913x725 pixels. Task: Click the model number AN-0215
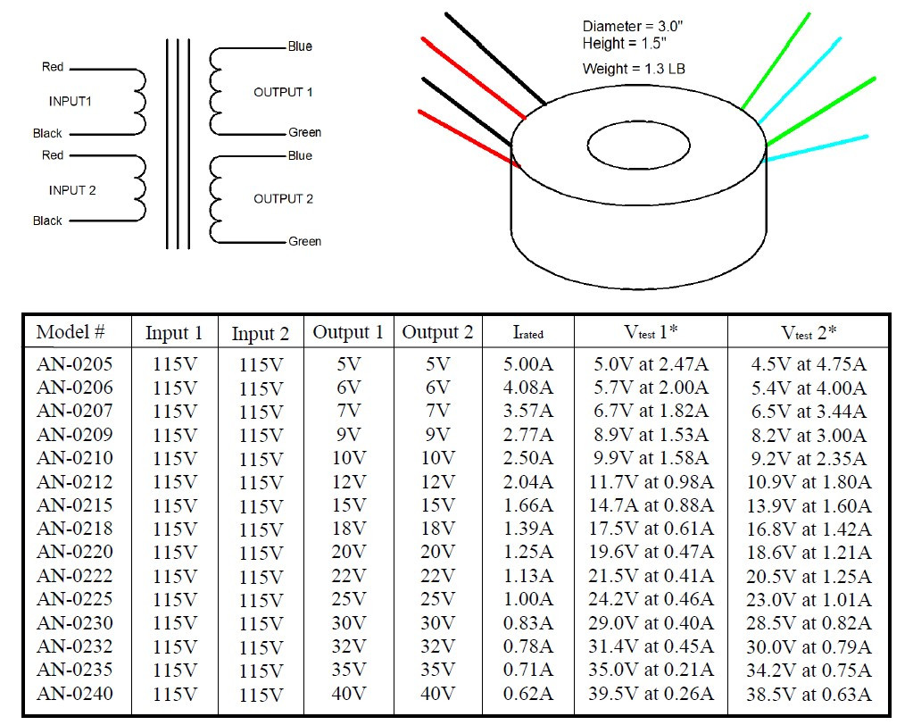[x=75, y=505]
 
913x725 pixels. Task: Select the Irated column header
[x=528, y=333]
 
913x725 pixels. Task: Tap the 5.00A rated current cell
[x=528, y=364]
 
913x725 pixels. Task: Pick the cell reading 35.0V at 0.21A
[x=651, y=670]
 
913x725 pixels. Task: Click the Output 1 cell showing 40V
[x=348, y=694]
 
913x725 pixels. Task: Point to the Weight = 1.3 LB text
[x=634, y=69]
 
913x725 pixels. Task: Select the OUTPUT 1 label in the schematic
[x=283, y=92]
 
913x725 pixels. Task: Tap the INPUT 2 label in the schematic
[x=72, y=190]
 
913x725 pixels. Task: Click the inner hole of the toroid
[x=637, y=143]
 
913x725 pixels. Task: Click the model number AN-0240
[x=75, y=693]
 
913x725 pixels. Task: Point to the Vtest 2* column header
[x=809, y=333]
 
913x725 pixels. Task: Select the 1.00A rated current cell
[x=528, y=599]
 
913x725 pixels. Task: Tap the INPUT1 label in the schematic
[x=71, y=102]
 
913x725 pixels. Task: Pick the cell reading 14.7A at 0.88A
[x=651, y=505]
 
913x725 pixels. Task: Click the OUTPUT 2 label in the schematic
[x=283, y=198]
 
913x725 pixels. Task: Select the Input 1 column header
[x=174, y=333]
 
